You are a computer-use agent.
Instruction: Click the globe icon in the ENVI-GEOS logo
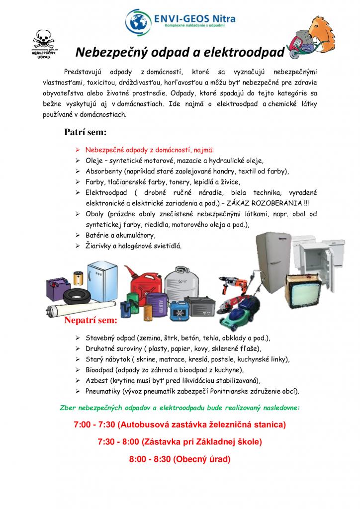tap(138, 21)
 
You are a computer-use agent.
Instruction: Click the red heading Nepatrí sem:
tap(90, 320)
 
